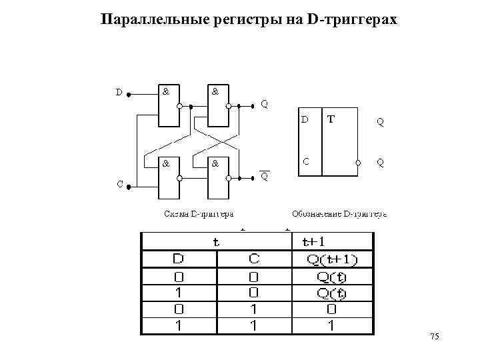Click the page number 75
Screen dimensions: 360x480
tap(435, 339)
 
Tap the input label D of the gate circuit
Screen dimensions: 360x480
tap(119, 93)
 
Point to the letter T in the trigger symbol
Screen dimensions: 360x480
tap(331, 119)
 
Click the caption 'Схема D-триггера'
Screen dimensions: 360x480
tap(198, 214)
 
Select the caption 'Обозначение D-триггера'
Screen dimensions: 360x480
tap(339, 214)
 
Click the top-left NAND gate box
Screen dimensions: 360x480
tap(169, 105)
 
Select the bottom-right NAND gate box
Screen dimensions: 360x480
tap(219, 178)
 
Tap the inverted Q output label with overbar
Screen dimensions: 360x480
tap(265, 177)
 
